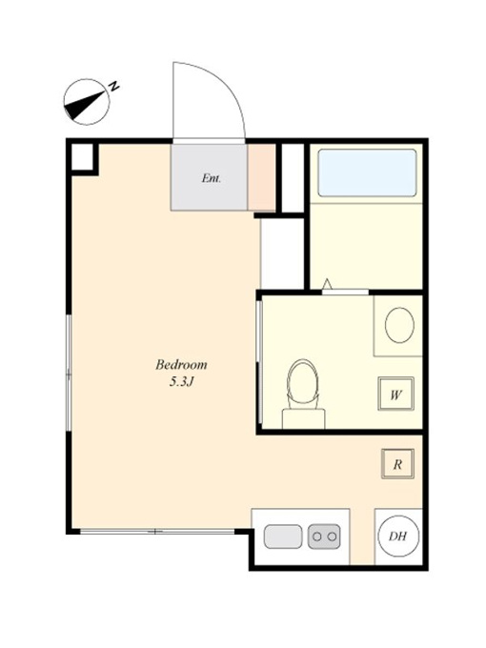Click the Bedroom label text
coord(181,365)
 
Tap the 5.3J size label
coord(181,382)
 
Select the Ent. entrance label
coord(211,178)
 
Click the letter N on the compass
coord(113,87)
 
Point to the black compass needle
coord(84,105)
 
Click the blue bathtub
coord(367,172)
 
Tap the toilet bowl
coord(303,383)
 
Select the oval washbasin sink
coord(399,325)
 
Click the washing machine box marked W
coord(395,395)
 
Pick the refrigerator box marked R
coord(397,464)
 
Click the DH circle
coord(398,537)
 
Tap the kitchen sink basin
coord(283,537)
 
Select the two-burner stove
coord(324,537)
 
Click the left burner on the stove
coord(317,537)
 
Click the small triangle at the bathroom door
coord(327,284)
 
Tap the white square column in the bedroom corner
coord(82,156)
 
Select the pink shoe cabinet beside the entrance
coord(262,177)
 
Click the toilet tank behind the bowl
coord(303,418)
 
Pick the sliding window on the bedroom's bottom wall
coord(157,532)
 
